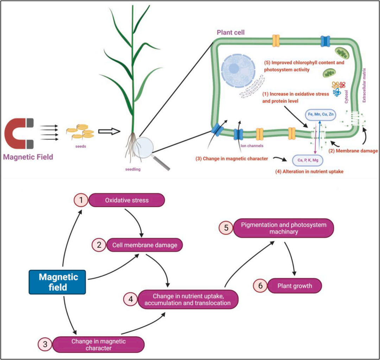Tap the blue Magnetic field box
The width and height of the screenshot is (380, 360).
57,282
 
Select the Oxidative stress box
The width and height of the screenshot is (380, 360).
127,200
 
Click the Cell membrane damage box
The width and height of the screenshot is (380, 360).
145,245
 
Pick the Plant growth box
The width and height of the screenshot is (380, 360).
295,286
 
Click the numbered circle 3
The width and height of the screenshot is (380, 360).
45,344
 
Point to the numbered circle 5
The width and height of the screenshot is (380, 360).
226,228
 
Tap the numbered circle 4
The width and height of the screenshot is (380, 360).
131,299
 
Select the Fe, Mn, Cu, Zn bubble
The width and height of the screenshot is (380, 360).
321,114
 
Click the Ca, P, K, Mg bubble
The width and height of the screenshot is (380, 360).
308,160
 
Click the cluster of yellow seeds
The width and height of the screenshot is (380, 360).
80,132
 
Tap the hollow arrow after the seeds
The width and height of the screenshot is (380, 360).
109,131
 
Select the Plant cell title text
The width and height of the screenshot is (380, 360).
231,32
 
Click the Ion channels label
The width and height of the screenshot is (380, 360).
252,146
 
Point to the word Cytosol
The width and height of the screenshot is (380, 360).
346,97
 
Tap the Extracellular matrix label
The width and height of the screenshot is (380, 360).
364,85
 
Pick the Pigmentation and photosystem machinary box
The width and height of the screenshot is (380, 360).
284,228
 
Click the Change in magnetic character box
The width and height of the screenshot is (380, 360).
99,345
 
